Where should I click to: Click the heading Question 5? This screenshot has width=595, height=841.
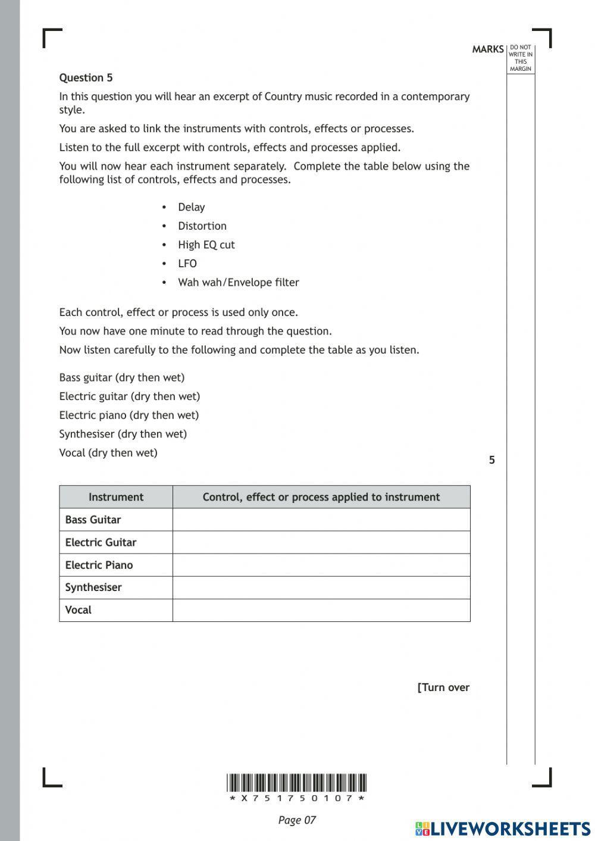pos(86,78)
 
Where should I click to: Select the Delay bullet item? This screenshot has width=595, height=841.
pos(191,207)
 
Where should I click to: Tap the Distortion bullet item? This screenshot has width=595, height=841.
pos(202,226)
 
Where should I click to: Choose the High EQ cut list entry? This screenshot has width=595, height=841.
pos(206,245)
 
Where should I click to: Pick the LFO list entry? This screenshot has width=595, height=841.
pos(187,264)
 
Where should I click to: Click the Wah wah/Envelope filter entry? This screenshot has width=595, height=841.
pos(238,283)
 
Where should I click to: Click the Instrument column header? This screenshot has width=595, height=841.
pos(116,497)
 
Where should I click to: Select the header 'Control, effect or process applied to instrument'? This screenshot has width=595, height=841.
pos(321,497)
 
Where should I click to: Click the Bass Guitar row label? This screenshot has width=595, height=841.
pos(93,520)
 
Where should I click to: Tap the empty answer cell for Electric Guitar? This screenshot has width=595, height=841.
pos(321,542)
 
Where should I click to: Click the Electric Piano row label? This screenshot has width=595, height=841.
pos(99,565)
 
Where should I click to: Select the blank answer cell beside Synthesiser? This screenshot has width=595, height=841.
pos(321,587)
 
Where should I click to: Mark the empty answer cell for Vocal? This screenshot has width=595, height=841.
pos(321,610)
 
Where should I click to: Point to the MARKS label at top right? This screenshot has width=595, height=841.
pos(488,49)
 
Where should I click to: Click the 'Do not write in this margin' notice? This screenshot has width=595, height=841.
pos(521,58)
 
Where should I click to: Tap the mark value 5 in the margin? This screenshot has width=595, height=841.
pos(491,460)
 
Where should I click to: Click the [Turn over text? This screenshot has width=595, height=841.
pos(443,687)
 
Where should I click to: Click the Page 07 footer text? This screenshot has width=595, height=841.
pos(297,820)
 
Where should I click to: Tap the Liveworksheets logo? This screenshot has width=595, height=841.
pos(503,829)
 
